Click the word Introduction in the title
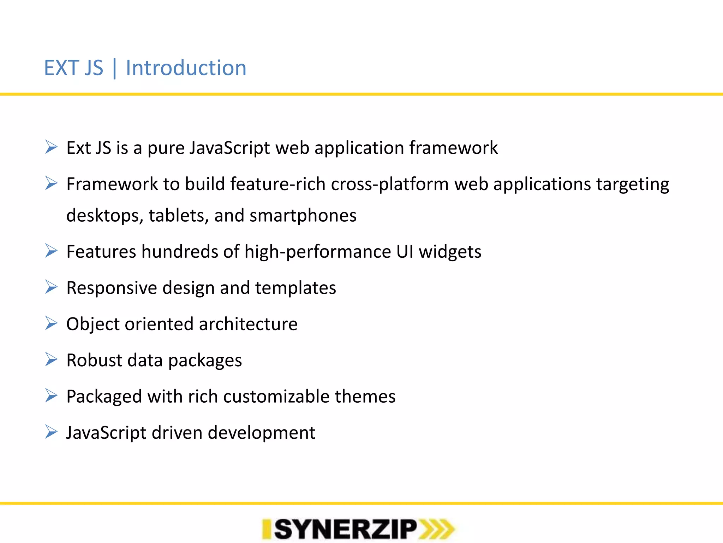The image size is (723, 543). (x=186, y=68)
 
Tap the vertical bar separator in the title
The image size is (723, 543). (x=114, y=69)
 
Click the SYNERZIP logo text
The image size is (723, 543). (x=345, y=529)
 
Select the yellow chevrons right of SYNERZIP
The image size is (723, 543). (x=436, y=529)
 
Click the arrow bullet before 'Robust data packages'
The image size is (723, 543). (x=51, y=360)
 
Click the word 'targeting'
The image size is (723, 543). (x=633, y=185)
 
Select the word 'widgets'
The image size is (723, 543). (x=450, y=252)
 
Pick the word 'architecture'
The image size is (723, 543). (x=248, y=324)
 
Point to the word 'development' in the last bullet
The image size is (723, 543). (x=261, y=433)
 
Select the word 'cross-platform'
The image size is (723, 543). (x=390, y=185)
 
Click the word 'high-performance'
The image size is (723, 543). (x=317, y=252)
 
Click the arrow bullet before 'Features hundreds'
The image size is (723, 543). (x=51, y=251)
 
